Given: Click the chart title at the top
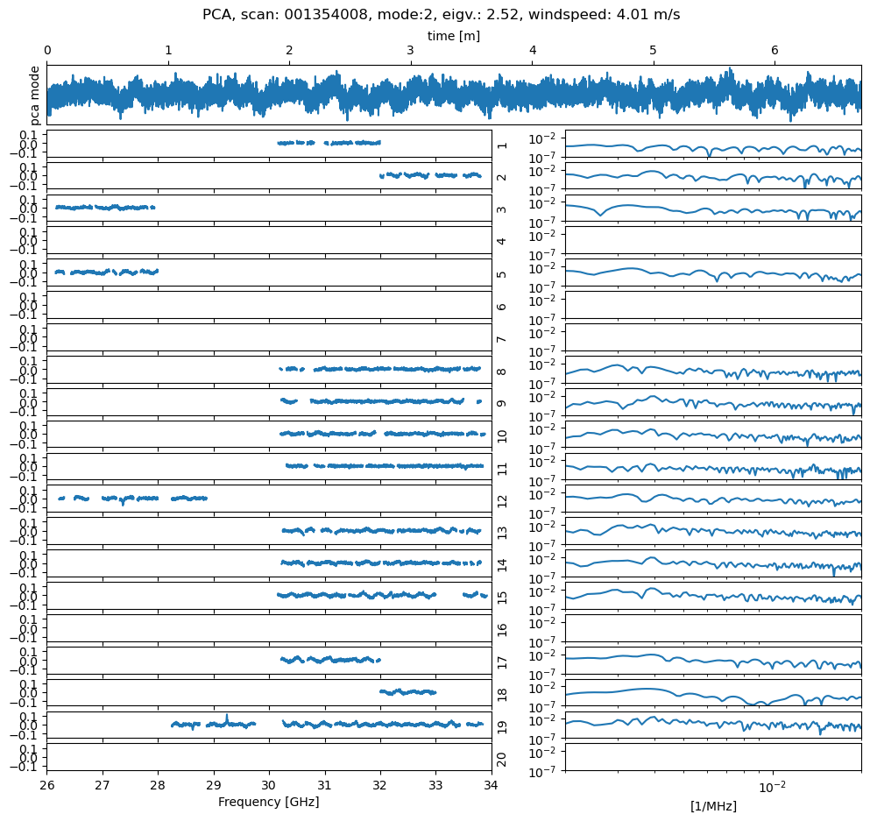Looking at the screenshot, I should point(441,15).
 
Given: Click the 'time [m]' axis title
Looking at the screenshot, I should point(453,36).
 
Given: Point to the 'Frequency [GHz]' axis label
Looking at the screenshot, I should point(268,802).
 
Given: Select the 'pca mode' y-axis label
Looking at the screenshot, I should point(35,95).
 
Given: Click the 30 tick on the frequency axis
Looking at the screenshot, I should point(269,785).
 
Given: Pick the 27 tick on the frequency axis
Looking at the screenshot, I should point(103,785).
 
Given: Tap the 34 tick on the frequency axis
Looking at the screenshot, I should point(491,785).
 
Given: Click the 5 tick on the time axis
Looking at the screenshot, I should point(653,51).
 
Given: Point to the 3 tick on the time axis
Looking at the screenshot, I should point(410,51).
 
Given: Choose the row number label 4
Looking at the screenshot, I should point(502,241).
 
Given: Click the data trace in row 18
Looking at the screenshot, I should point(407,692).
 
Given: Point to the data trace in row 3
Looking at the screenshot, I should point(105,208).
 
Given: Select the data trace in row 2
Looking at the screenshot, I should point(429,175).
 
